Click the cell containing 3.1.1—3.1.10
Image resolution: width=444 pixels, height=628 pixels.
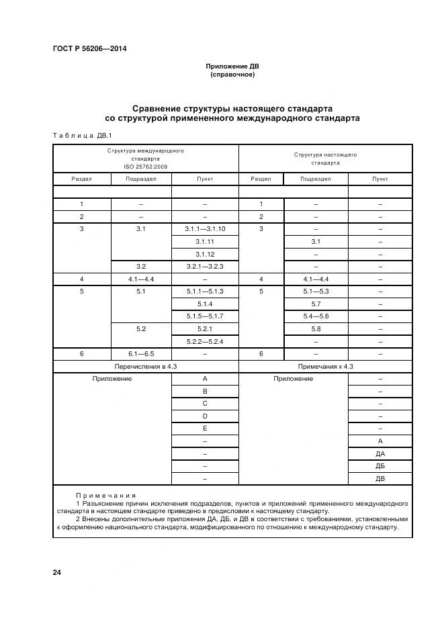click(205, 229)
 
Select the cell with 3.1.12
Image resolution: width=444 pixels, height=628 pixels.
click(205, 254)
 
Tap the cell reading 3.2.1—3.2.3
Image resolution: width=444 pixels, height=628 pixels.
click(205, 267)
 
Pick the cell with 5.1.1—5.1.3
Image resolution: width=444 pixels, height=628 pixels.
click(205, 291)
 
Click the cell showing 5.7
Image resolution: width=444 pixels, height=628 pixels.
click(315, 304)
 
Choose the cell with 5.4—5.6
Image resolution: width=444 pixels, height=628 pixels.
click(315, 316)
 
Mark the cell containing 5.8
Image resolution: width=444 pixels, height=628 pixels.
click(315, 328)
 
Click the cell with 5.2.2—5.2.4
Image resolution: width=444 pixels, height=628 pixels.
click(205, 341)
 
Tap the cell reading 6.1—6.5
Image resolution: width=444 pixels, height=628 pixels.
click(141, 353)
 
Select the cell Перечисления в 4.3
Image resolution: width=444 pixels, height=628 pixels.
click(145, 366)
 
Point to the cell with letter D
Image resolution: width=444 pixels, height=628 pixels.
click(205, 416)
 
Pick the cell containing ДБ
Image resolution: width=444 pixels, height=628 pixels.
click(380, 465)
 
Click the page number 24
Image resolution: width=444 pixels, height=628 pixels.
click(57, 572)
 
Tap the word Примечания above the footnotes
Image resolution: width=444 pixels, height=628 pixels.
click(105, 494)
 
